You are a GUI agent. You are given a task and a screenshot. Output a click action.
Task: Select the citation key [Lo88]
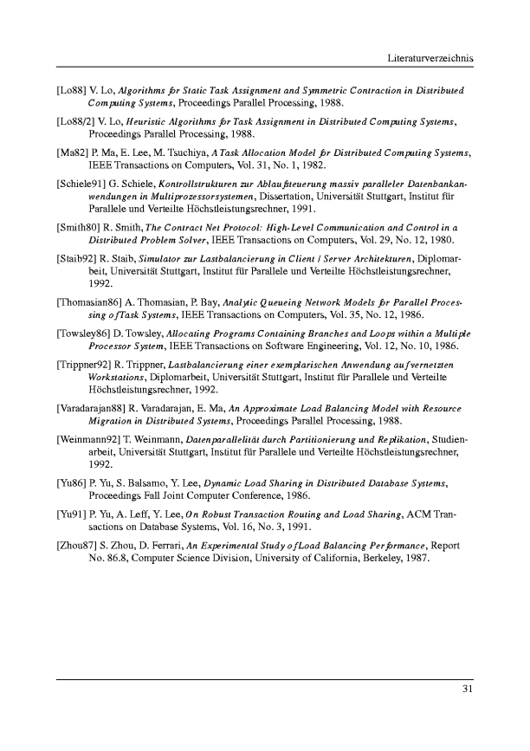point(70,90)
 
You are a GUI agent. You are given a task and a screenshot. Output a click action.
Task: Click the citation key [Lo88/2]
point(75,122)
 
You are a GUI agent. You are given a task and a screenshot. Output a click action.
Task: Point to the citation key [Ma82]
point(71,153)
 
